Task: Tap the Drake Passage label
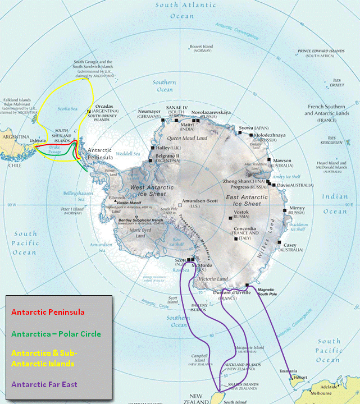coord(55,152)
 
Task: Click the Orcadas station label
coord(105,105)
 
